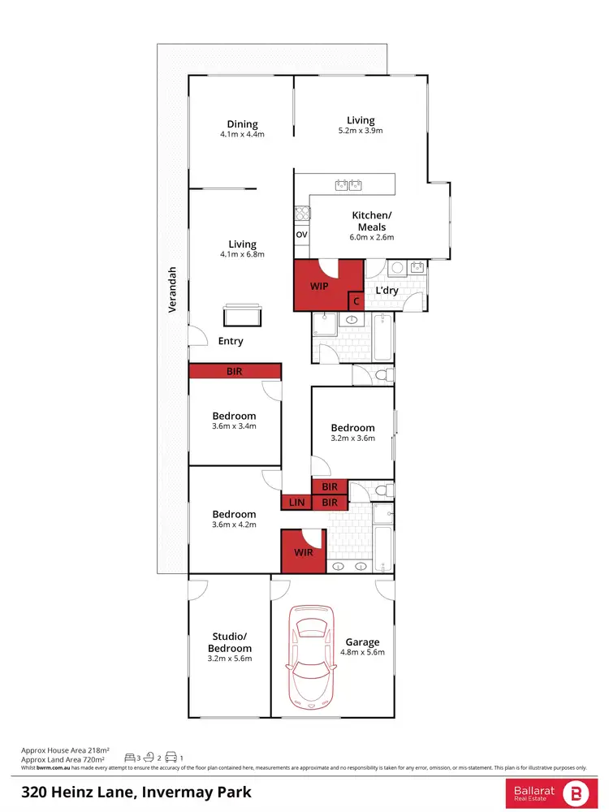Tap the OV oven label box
click(x=301, y=235)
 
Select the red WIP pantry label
click(x=318, y=287)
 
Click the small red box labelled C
click(x=355, y=301)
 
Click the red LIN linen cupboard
click(x=296, y=503)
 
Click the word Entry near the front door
click(x=231, y=341)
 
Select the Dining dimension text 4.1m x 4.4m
click(x=242, y=135)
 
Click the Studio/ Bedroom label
click(x=229, y=642)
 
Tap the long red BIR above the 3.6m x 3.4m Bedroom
click(x=235, y=371)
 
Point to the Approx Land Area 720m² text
click(x=63, y=758)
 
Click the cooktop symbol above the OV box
click(x=301, y=214)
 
